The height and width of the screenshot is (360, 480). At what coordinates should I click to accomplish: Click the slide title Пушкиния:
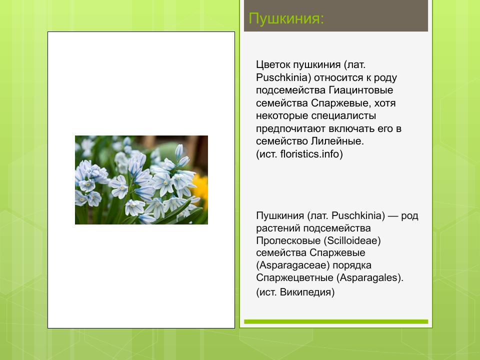286,19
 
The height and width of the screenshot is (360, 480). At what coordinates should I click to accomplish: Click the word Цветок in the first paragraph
273,65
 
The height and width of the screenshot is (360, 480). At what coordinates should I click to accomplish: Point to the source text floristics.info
310,154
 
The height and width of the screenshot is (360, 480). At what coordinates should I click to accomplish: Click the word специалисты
330,116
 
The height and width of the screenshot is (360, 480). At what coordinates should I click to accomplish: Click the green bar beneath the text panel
336,321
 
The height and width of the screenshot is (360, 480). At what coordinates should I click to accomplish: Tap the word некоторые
279,116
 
